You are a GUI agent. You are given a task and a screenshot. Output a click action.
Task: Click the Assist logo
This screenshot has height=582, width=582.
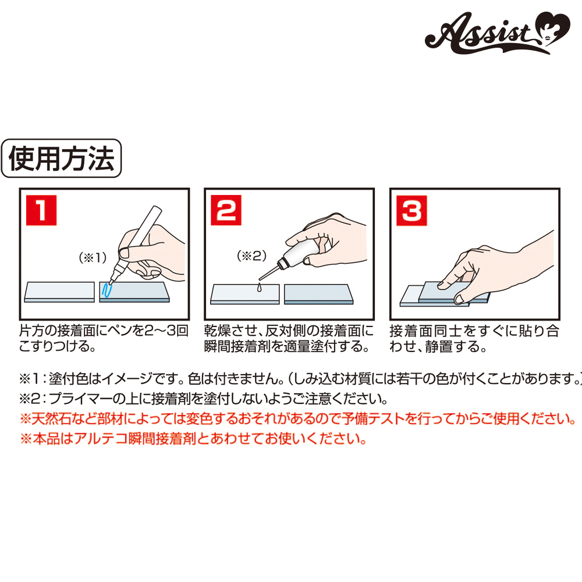click(x=498, y=33)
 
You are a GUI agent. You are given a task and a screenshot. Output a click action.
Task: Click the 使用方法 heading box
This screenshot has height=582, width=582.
click(x=61, y=158)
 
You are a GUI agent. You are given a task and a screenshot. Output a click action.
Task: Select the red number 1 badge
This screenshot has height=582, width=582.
click(x=41, y=210)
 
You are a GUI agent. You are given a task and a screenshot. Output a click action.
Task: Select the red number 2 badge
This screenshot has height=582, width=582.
click(x=226, y=210)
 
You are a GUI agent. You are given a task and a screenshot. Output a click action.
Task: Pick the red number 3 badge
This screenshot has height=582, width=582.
click(x=411, y=211)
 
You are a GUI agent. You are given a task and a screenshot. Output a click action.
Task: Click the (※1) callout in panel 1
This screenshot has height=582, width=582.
click(x=93, y=257)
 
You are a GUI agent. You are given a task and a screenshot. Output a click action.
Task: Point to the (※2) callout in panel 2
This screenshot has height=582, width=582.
click(x=251, y=255)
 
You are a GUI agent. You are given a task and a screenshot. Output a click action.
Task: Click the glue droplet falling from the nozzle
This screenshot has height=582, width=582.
click(x=259, y=288)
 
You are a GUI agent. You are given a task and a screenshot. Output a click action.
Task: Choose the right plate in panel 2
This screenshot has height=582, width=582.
click(x=318, y=294)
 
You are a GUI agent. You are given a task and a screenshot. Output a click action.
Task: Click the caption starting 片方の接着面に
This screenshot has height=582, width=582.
click(x=104, y=338)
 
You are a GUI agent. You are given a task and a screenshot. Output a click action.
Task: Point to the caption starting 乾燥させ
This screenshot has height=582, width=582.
click(x=289, y=338)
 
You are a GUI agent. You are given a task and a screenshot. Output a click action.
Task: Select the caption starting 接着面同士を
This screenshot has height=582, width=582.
click(x=474, y=338)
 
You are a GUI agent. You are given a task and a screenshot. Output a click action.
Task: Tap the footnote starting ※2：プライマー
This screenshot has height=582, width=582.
click(x=203, y=399)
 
